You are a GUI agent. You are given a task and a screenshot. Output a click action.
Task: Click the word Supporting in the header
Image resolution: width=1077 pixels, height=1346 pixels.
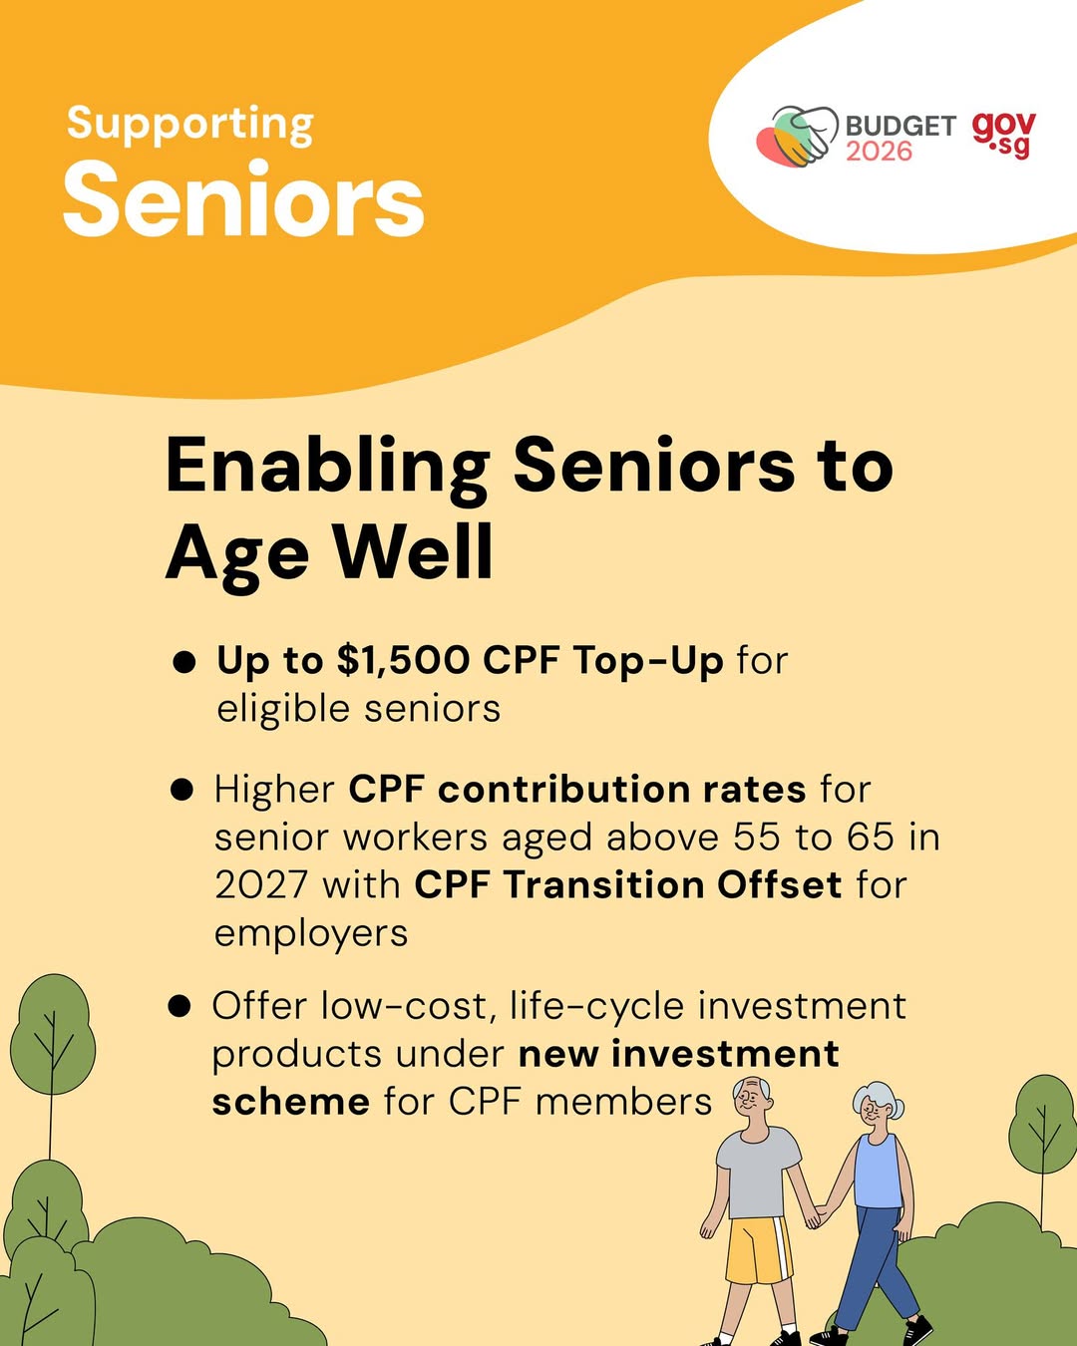click(x=189, y=125)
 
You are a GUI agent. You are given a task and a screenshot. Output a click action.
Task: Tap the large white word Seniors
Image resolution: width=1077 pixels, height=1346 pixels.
click(x=243, y=200)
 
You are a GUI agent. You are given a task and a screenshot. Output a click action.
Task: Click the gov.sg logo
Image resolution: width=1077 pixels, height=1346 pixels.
click(x=1004, y=134)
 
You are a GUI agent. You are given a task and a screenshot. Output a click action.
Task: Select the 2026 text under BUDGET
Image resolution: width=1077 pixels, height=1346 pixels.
click(x=879, y=152)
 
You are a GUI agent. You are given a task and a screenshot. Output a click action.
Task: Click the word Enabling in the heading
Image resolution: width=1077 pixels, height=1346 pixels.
click(x=327, y=466)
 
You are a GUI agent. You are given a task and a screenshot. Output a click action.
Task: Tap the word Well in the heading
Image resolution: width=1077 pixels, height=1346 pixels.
click(x=413, y=552)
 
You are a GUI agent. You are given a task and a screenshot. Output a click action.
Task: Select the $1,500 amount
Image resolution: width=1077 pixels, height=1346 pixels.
click(x=403, y=660)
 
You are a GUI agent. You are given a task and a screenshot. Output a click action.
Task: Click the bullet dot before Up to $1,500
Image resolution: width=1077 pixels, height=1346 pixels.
click(x=183, y=662)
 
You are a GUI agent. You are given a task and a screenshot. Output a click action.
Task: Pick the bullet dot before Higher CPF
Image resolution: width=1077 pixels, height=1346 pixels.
click(x=181, y=791)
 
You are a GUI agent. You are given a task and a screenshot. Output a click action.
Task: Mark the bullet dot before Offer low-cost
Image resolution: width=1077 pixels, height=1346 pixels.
click(x=179, y=1006)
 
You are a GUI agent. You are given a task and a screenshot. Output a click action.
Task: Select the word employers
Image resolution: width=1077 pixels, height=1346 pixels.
click(x=311, y=933)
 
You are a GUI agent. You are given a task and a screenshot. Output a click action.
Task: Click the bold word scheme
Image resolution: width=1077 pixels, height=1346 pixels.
click(x=290, y=1102)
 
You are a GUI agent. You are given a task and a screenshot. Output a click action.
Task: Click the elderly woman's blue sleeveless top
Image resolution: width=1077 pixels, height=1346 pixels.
click(x=878, y=1171)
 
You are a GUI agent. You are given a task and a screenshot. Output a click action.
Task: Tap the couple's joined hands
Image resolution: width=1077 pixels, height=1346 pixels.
click(x=820, y=1215)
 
